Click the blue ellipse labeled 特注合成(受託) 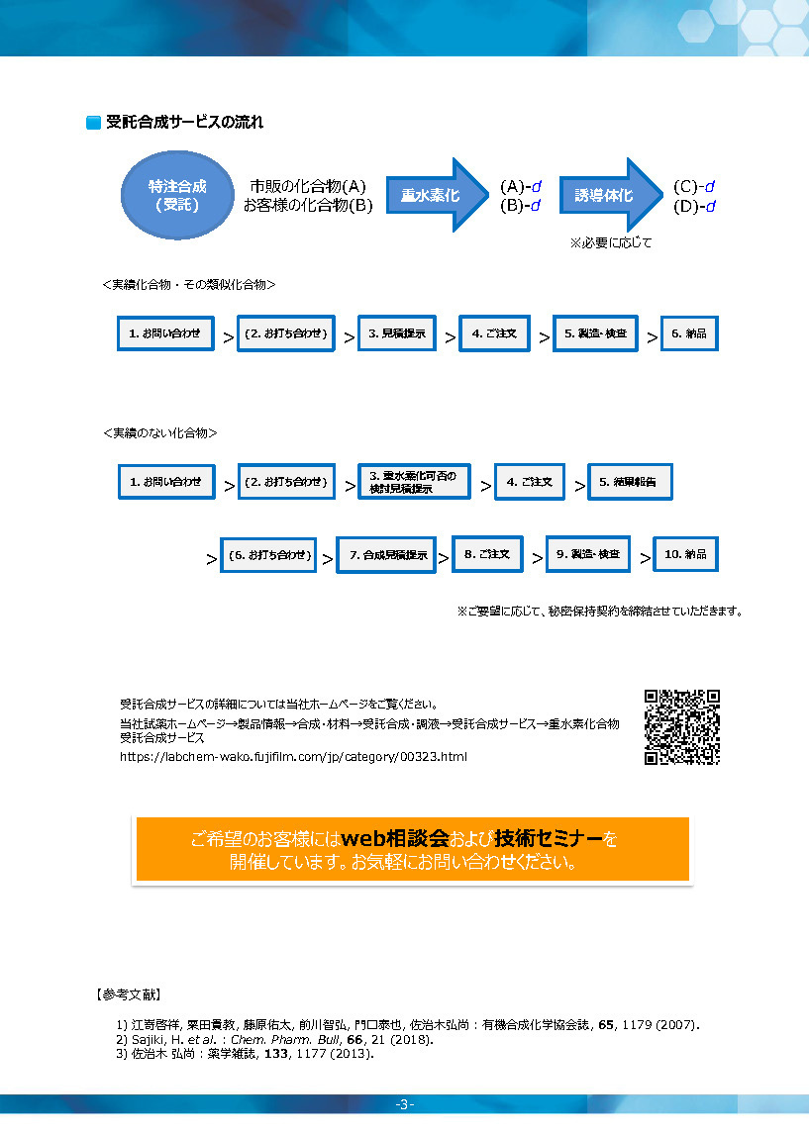pos(177,195)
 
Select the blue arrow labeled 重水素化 pos(437,195)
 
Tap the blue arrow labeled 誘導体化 pos(611,195)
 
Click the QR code pos(681,727)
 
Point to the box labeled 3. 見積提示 pos(397,333)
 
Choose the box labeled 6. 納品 pos(689,333)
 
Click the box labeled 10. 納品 pos(685,554)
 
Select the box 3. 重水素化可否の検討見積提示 pos(414,482)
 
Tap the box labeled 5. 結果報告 pos(630,482)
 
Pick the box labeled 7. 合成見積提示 pos(386,555)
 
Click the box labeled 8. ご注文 pos(487,554)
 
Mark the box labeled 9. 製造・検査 pos(587,554)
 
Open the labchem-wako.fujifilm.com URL pos(293,756)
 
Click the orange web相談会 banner pos(413,850)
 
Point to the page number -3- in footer pos(404,1104)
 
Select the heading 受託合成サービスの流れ pos(184,122)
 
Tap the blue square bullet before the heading pos(93,123)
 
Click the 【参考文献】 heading pos(128,994)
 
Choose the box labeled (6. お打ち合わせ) pos(269,555)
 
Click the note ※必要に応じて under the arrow pos(611,243)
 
